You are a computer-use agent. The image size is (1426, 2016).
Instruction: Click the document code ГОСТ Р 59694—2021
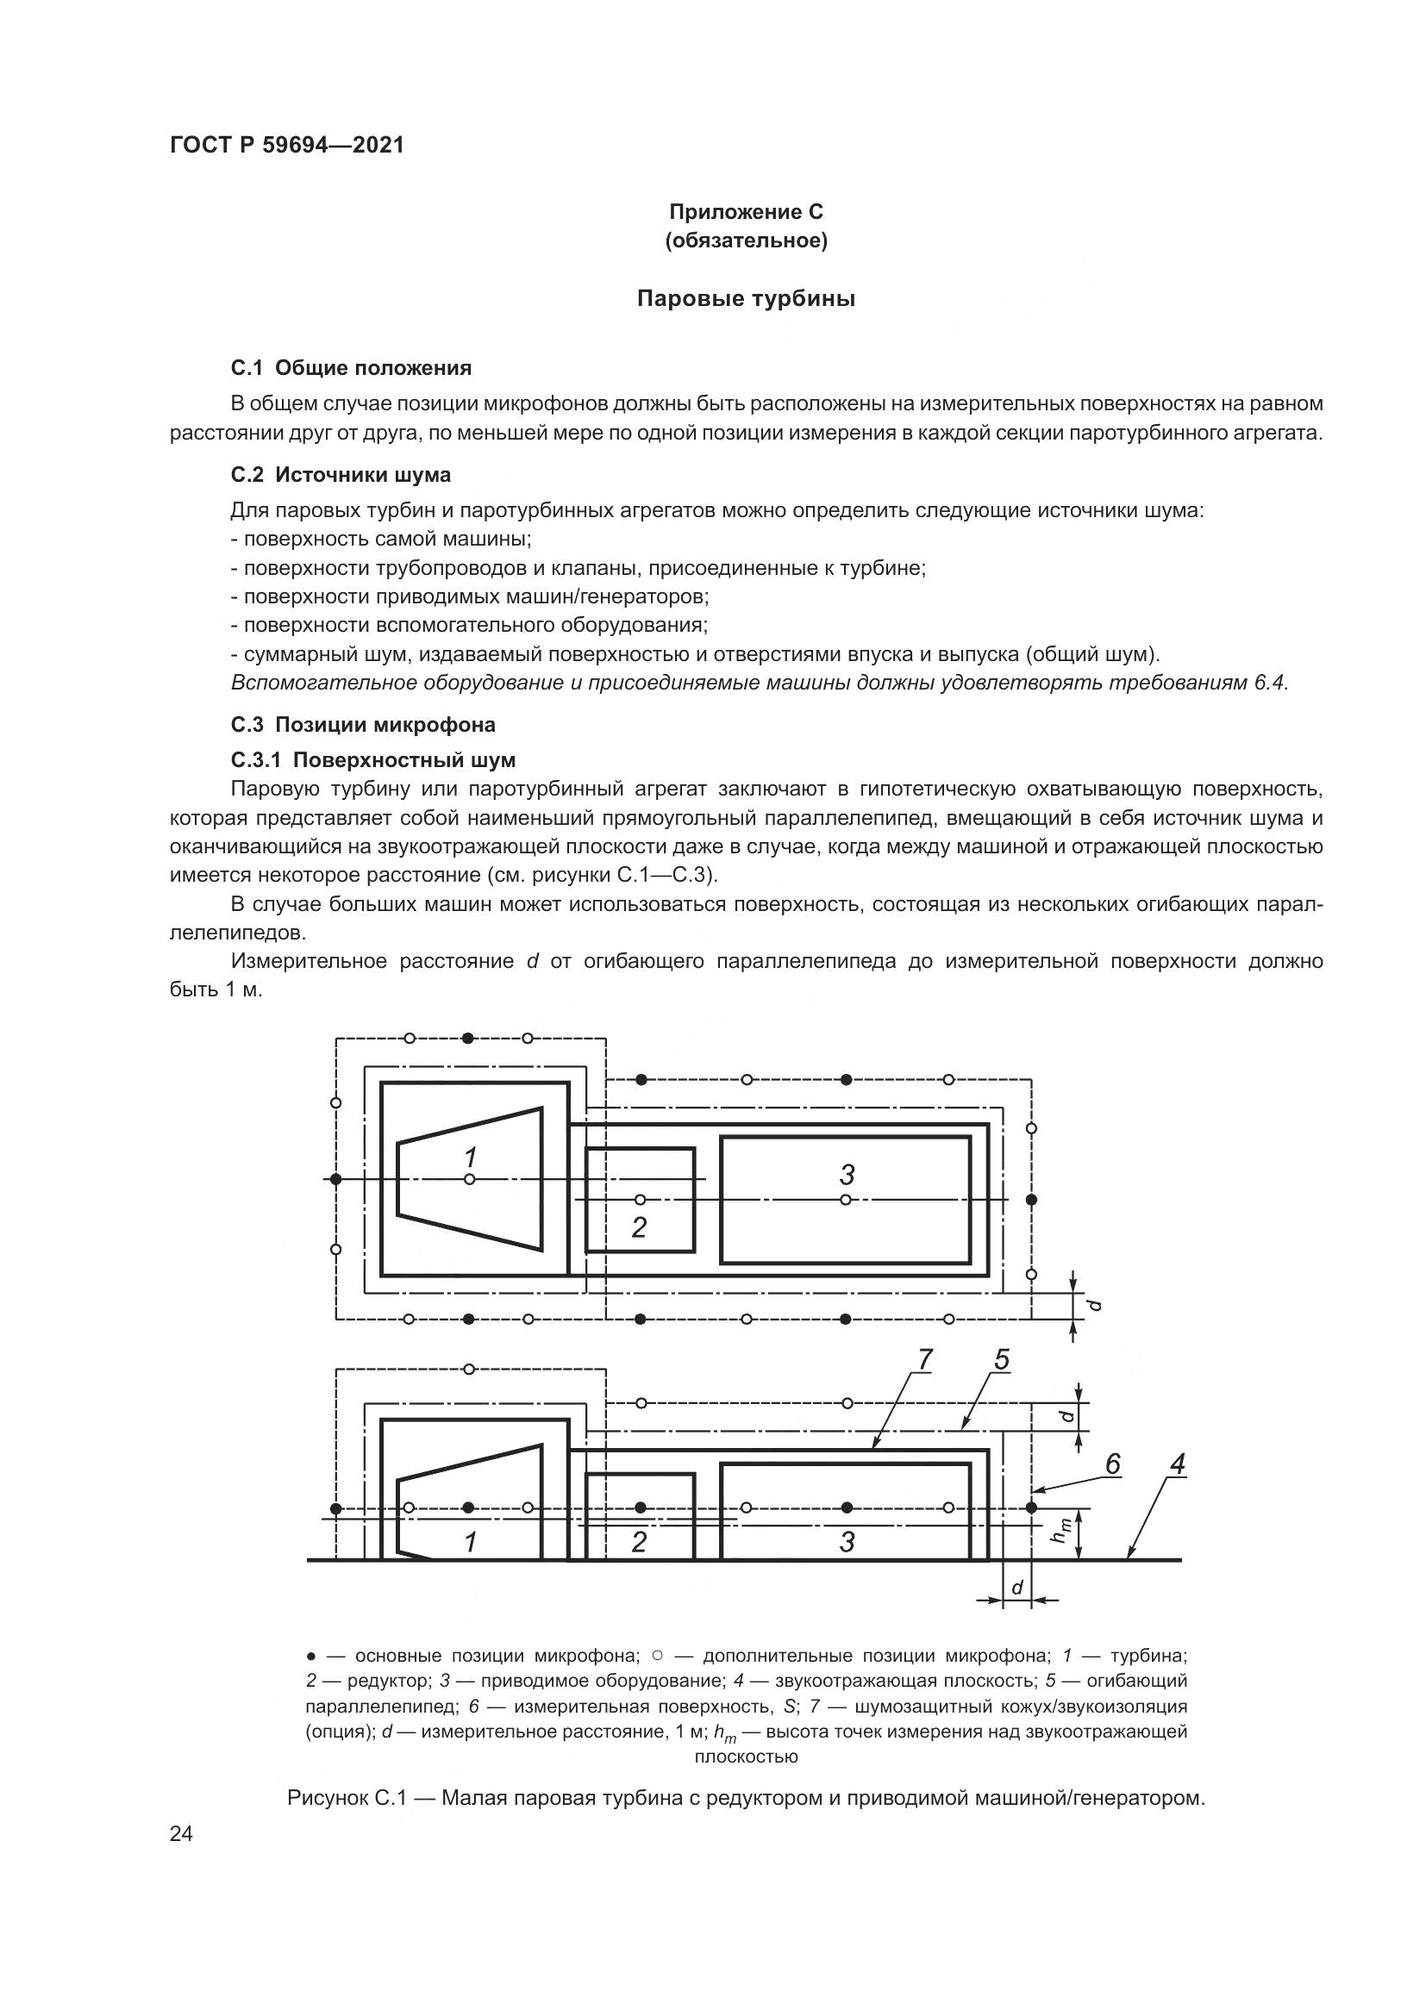[x=287, y=146]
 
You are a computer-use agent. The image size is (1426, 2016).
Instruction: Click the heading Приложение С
[x=746, y=212]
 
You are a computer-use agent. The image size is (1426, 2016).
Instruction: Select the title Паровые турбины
[x=746, y=298]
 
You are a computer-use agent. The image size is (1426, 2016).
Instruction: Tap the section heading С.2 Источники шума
[x=341, y=475]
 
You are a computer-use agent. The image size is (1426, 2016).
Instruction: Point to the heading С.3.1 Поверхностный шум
[x=373, y=759]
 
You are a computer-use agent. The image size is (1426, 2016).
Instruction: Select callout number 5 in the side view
[x=1002, y=1360]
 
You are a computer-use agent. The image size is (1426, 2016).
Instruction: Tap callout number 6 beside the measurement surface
[x=1112, y=1464]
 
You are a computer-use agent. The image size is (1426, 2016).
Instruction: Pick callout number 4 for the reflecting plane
[x=1178, y=1464]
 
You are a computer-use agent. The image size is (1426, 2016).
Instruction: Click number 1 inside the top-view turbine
[x=471, y=1157]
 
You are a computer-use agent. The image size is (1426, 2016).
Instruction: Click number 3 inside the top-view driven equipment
[x=847, y=1174]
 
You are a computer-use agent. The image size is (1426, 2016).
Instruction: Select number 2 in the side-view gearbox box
[x=639, y=1542]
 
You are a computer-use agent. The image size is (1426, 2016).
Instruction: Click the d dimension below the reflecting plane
[x=1016, y=1588]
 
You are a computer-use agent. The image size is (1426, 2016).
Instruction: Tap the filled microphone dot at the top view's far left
[x=335, y=1179]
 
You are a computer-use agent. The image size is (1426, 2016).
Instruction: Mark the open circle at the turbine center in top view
[x=470, y=1179]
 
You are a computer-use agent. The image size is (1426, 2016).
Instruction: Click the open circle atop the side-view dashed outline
[x=469, y=1369]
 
